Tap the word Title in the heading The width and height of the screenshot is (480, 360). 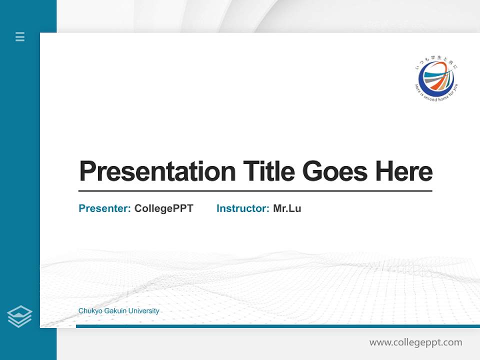268,171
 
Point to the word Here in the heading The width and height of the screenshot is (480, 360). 404,171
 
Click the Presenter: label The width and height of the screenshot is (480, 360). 105,208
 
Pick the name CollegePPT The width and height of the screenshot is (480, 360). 163,208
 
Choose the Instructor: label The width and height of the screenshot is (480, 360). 243,208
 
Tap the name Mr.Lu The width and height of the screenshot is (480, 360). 287,208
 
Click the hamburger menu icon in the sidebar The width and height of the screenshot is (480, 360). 20,36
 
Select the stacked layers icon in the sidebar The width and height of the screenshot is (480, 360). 19,316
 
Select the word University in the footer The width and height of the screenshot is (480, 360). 144,311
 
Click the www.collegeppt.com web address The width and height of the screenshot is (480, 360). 415,342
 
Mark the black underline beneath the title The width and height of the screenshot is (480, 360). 255,190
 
